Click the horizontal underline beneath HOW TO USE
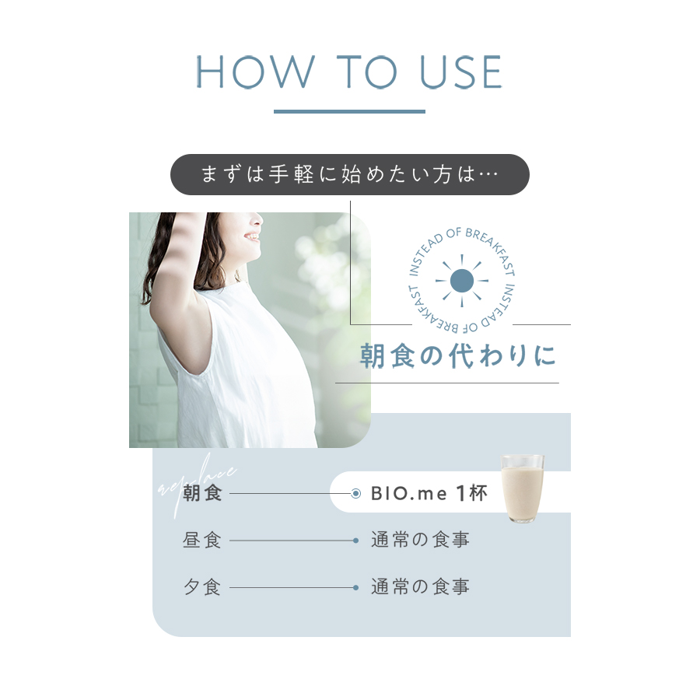point(349,111)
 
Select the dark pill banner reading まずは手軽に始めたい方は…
point(349,174)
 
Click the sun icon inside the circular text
point(462,280)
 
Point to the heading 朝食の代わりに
point(458,357)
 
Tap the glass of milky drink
point(522,488)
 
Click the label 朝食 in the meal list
point(202,493)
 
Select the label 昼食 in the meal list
point(202,540)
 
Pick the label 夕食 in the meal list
point(202,587)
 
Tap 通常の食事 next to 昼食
point(420,540)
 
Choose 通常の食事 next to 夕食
point(420,587)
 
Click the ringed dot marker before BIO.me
point(355,493)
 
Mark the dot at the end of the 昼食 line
point(355,541)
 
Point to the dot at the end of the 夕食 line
point(355,588)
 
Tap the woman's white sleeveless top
point(233,381)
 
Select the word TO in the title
point(369,73)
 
